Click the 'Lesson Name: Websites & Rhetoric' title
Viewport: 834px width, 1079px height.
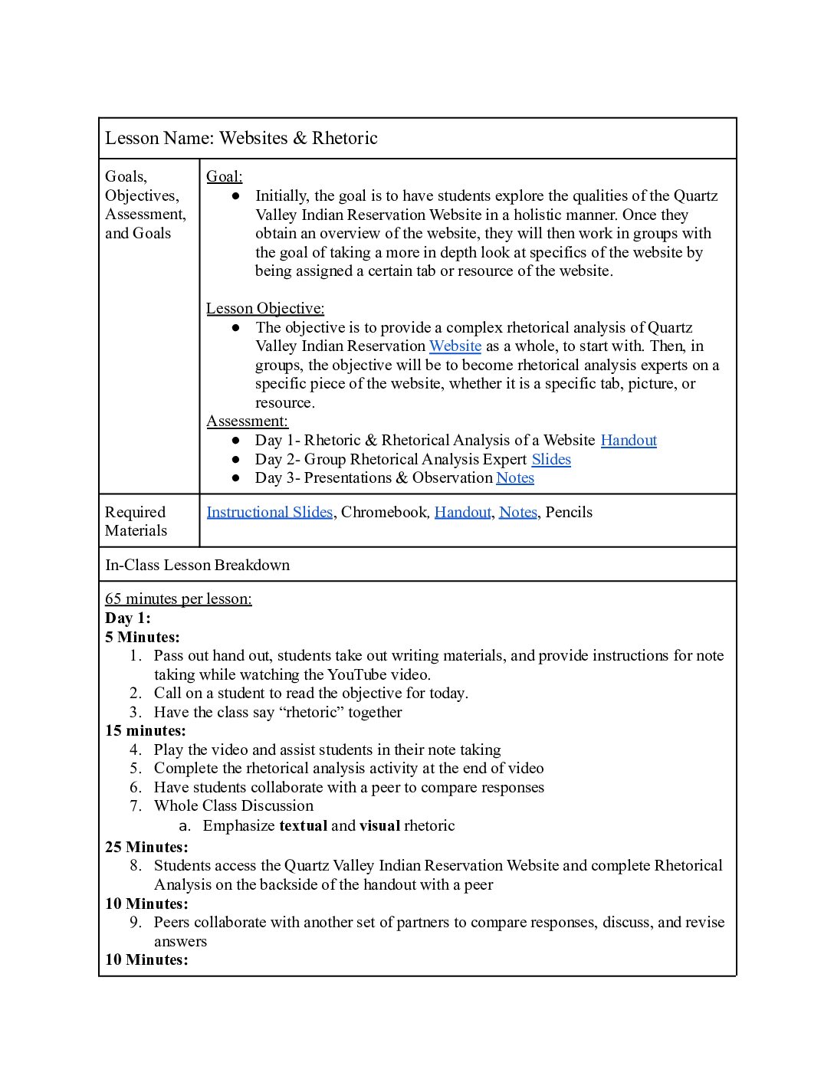241,138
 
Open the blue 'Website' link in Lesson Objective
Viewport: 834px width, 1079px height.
455,346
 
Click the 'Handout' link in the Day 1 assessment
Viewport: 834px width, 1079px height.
629,441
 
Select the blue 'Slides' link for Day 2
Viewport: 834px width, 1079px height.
551,460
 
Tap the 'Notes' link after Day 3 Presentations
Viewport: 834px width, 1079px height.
515,478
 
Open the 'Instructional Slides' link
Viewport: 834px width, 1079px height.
269,513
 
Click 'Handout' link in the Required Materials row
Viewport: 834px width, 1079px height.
462,513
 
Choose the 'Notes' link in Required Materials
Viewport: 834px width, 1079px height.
518,513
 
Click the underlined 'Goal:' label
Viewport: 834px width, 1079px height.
224,177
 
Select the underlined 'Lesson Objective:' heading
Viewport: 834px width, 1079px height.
265,309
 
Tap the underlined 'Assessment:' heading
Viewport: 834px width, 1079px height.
247,421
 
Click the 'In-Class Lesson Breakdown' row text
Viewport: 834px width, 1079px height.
197,566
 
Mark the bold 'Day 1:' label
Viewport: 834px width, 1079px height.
128,618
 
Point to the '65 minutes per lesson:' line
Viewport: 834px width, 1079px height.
178,599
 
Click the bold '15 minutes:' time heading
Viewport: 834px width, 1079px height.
146,731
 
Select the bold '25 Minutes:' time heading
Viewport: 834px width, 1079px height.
146,848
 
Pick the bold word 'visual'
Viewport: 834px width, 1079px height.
379,826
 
